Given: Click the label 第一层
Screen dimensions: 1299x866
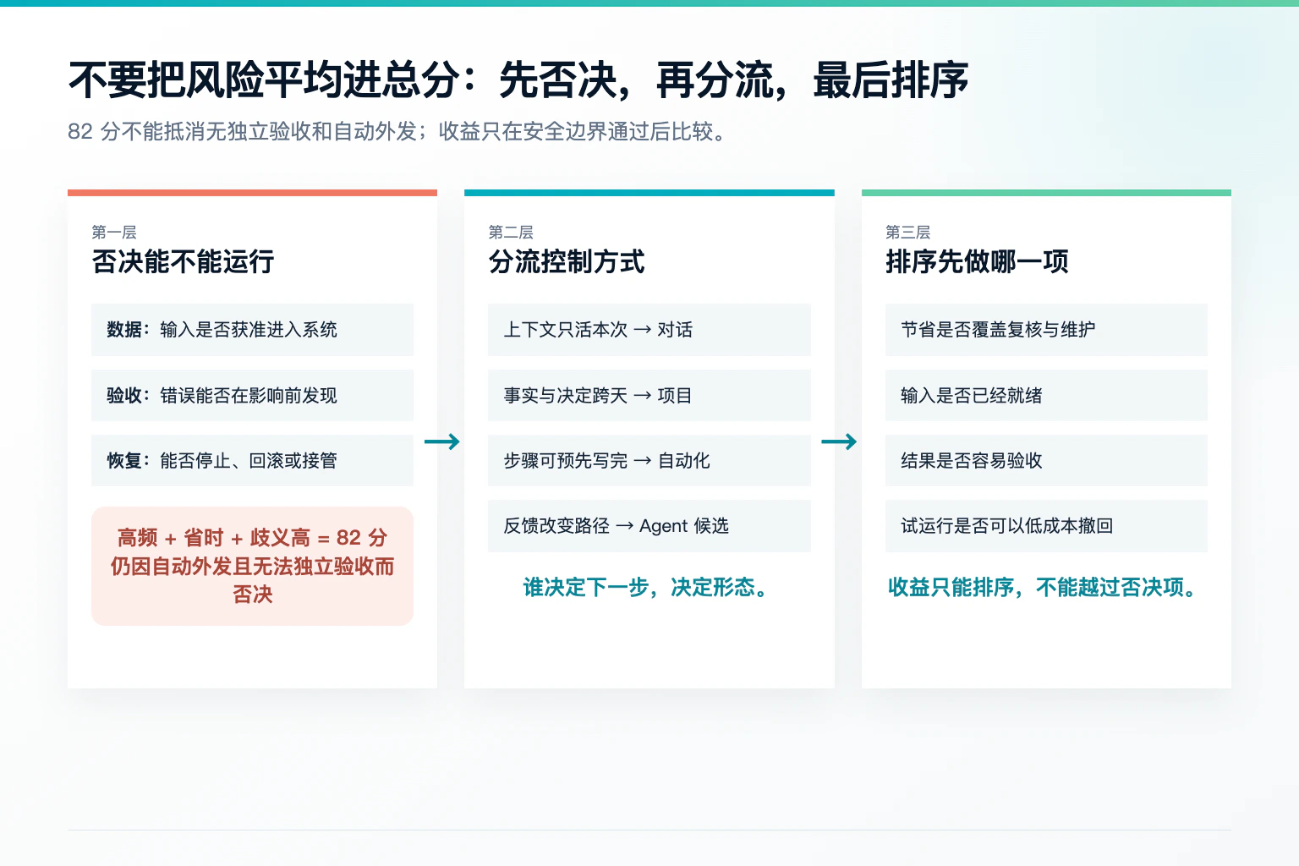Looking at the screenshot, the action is pyautogui.click(x=114, y=232).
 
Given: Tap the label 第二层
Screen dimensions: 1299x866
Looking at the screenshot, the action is pyautogui.click(x=511, y=232).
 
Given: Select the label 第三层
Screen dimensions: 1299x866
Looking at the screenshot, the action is pyautogui.click(x=908, y=232).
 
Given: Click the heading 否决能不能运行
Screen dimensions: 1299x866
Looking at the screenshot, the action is pyautogui.click(x=183, y=261).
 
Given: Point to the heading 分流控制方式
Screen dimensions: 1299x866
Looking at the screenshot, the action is pyautogui.click(x=567, y=261).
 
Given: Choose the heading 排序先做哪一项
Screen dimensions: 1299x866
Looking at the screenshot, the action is pyautogui.click(x=977, y=261).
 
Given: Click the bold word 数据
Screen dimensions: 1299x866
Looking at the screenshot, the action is pyautogui.click(x=124, y=330).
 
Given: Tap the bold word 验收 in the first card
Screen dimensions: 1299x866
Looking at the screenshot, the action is pyautogui.click(x=124, y=396).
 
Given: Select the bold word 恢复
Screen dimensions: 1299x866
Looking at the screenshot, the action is pyautogui.click(x=124, y=461).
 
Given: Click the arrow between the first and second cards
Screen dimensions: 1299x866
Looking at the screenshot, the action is pyautogui.click(x=442, y=442).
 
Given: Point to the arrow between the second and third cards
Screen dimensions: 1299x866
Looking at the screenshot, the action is pyautogui.click(x=839, y=442).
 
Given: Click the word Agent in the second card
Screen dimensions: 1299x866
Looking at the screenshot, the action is pyautogui.click(x=663, y=527).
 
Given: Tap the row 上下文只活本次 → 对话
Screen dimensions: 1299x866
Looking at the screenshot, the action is pyautogui.click(x=649, y=330).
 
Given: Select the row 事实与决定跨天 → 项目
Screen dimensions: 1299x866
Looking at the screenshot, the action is pyautogui.click(x=649, y=396).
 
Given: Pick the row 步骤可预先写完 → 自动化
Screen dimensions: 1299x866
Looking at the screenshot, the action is pyautogui.click(x=649, y=461).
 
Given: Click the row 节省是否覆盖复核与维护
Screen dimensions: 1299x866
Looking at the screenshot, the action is pyautogui.click(x=1046, y=330).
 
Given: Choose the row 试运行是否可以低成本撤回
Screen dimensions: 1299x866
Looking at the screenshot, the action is pyautogui.click(x=1046, y=526).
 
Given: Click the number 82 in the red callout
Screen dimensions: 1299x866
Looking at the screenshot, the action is pyautogui.click(x=348, y=538).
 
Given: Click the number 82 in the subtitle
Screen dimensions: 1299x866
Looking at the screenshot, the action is pyautogui.click(x=80, y=132).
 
